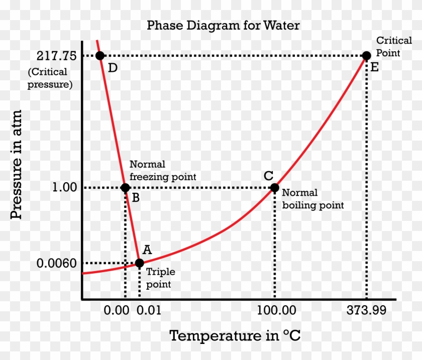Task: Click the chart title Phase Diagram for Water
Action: (x=223, y=26)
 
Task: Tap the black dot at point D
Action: (x=99, y=56)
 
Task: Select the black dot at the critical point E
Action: (x=367, y=56)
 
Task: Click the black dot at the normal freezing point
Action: (x=125, y=188)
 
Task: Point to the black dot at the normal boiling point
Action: (x=274, y=188)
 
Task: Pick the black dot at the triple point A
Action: (x=139, y=263)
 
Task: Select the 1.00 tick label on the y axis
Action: (x=64, y=188)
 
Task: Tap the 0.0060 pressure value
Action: (x=57, y=263)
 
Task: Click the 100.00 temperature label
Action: (x=276, y=310)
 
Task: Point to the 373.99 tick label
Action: (x=366, y=310)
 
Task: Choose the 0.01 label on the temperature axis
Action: (x=148, y=310)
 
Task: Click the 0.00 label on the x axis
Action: (x=116, y=310)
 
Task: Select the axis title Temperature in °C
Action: (x=235, y=335)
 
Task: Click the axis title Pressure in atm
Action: (x=17, y=164)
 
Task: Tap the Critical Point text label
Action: (x=388, y=46)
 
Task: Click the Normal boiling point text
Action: (x=312, y=199)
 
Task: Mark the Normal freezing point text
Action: (x=163, y=170)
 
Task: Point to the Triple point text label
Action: (x=160, y=278)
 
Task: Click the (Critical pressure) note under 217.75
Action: (x=50, y=78)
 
